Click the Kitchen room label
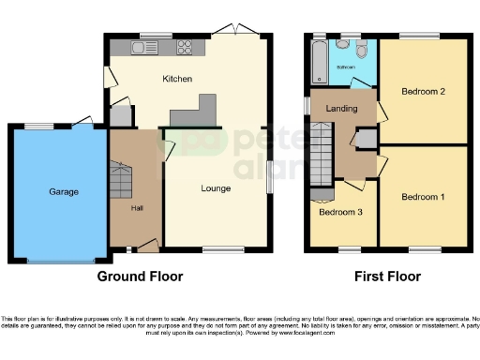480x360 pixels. (178, 79)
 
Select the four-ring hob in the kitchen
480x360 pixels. (184, 46)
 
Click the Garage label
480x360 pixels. (64, 192)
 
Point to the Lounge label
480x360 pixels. (215, 188)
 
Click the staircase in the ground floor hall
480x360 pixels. (121, 179)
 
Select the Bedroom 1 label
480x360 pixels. (423, 197)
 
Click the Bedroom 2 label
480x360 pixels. (423, 91)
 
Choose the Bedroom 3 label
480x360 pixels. (337, 212)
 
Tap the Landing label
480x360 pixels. (340, 110)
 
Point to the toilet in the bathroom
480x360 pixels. (345, 47)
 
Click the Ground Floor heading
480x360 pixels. (141, 277)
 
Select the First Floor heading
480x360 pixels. (387, 277)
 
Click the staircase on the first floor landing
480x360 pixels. (322, 156)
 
